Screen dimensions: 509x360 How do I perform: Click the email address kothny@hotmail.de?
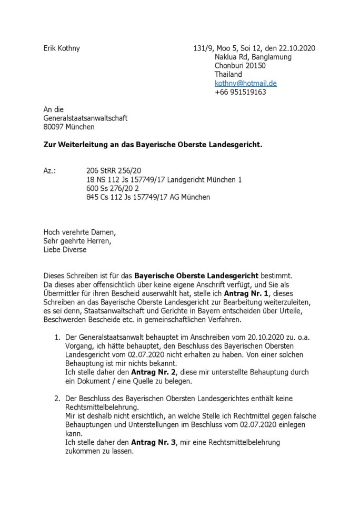click(x=246, y=83)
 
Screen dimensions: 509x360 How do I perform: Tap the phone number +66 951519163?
click(x=241, y=91)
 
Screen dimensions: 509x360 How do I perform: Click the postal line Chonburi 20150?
click(x=241, y=66)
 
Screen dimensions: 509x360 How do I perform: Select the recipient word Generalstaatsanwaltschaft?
click(x=85, y=118)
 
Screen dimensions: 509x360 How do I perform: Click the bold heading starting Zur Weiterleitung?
click(x=152, y=144)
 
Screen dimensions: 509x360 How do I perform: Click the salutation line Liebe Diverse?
click(x=65, y=250)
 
